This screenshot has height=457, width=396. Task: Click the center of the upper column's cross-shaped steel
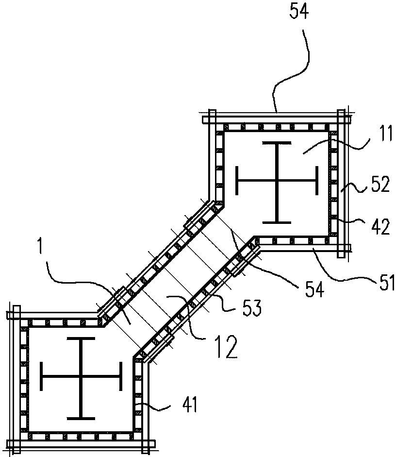277,181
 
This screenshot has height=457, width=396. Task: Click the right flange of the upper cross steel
316,181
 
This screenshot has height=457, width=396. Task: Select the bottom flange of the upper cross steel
277,222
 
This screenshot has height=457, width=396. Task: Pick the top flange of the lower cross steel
81,339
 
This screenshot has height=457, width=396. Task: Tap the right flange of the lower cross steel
120,376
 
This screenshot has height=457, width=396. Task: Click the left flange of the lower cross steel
42,376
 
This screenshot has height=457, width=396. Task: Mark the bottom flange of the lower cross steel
81,419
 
